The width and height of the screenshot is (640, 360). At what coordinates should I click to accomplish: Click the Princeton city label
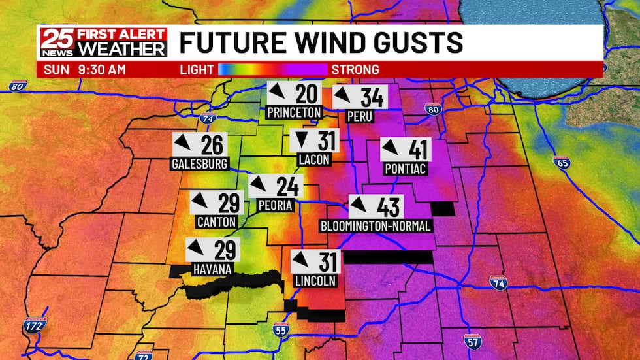[295, 112]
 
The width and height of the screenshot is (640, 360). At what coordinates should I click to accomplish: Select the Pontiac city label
[406, 169]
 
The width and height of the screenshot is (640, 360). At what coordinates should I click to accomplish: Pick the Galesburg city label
[200, 163]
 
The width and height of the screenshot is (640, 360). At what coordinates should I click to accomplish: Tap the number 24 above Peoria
[287, 187]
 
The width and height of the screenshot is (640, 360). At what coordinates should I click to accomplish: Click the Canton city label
[217, 222]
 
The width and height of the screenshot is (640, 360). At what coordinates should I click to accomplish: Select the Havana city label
[213, 269]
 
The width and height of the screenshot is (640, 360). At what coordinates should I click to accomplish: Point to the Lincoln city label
[315, 281]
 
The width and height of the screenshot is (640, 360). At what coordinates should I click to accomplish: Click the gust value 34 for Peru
[372, 97]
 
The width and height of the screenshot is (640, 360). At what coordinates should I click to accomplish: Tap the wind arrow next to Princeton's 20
[278, 93]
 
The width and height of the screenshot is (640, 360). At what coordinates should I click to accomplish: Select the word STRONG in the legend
[355, 69]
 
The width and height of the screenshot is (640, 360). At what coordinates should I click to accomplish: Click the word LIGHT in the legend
[197, 69]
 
